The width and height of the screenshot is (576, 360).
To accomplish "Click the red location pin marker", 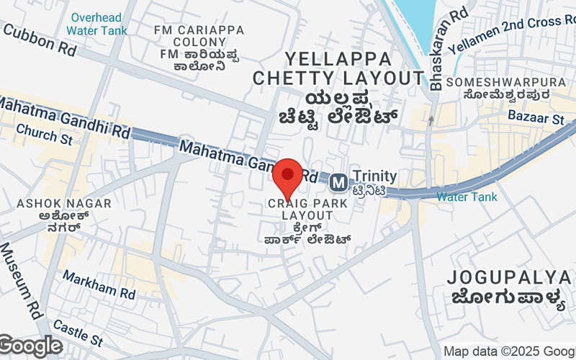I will click(288, 176).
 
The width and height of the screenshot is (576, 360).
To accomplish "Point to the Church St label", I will click(44, 134).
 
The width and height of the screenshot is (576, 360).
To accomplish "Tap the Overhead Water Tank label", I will click(96, 23).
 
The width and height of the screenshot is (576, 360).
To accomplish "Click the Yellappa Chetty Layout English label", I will click(338, 68).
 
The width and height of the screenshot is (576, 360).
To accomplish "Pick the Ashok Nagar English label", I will click(65, 204).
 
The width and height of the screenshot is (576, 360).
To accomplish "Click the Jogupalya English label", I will click(508, 277).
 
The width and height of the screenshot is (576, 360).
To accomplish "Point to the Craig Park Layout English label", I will click(307, 210).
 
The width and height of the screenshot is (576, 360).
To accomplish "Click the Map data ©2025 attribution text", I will click(508, 351).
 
